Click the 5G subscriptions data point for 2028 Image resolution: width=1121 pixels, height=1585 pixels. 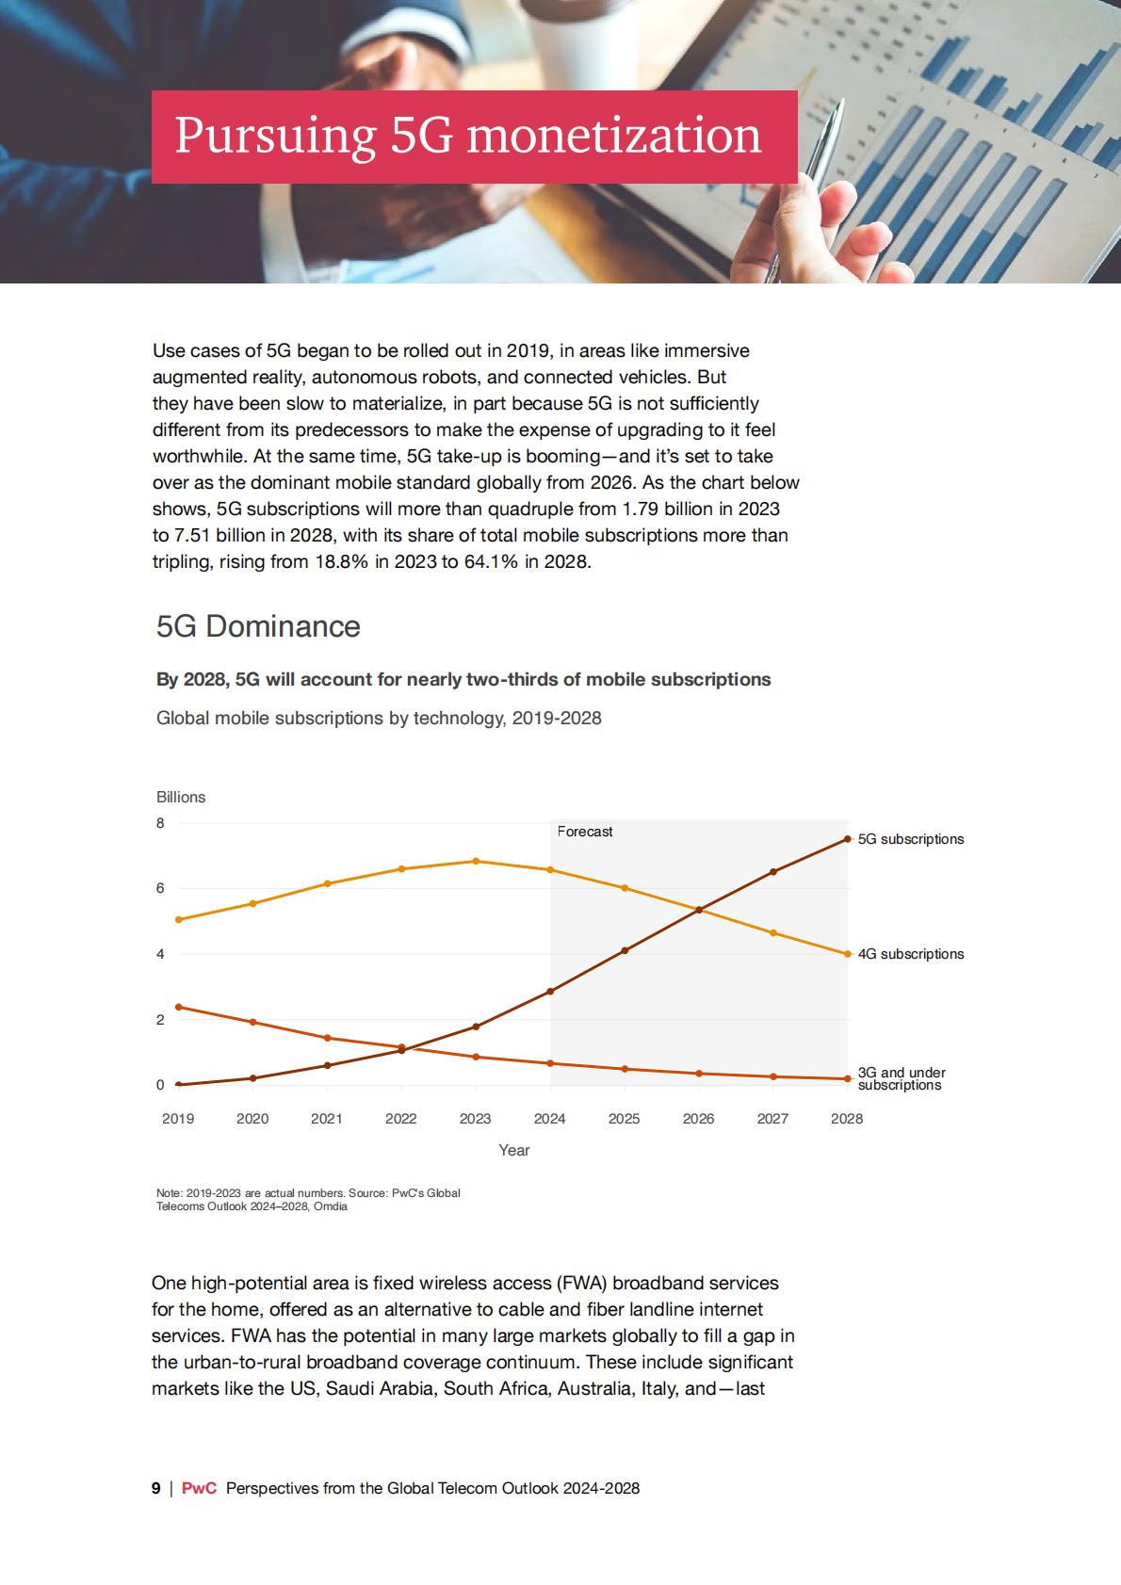[847, 839]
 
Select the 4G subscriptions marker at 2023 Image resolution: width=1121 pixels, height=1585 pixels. [476, 861]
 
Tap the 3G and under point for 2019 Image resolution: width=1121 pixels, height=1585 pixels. [178, 1007]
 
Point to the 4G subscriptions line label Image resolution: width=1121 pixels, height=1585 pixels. [910, 954]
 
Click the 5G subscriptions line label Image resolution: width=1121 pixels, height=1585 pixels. [910, 839]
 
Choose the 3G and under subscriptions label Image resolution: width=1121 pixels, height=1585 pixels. [901, 1079]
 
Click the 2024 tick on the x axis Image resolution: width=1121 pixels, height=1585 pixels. [549, 1119]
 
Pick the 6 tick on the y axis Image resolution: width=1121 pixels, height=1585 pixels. [160, 888]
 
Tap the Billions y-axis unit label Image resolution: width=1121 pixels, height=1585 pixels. [181, 797]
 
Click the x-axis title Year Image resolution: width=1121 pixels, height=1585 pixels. [514, 1150]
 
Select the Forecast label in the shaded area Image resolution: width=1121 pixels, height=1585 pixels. [585, 832]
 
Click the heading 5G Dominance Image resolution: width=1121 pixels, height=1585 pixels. [258, 626]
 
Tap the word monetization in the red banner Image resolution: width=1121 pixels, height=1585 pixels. [614, 135]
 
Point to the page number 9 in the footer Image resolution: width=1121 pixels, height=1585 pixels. [155, 1488]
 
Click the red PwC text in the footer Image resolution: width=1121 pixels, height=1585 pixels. [199, 1488]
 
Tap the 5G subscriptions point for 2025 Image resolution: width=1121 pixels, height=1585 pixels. [624, 951]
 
